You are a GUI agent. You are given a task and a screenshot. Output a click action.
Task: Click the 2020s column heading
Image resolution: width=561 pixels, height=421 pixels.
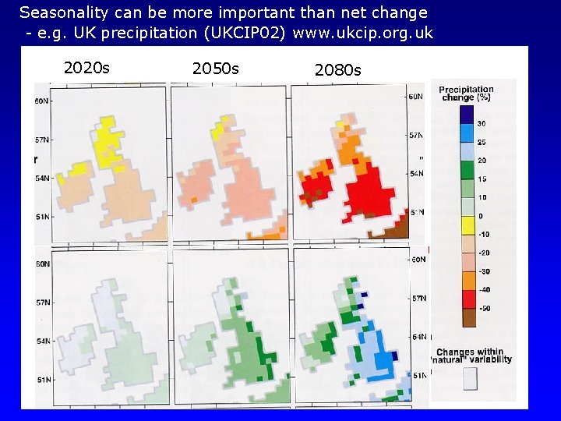point(86,68)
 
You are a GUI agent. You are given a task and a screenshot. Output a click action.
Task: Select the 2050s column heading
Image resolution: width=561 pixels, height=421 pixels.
point(216,69)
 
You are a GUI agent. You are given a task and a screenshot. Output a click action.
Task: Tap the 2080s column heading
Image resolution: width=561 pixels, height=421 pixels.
point(337,70)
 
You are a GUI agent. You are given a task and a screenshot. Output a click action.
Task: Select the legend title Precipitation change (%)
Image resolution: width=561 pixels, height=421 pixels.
point(466,93)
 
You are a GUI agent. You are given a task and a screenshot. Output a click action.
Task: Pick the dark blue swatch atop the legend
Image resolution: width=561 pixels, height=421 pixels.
point(465,115)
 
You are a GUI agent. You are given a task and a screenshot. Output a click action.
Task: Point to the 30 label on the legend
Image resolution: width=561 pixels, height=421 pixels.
point(482,124)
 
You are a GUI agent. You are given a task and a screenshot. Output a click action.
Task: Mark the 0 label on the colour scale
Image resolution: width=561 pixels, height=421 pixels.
point(482,215)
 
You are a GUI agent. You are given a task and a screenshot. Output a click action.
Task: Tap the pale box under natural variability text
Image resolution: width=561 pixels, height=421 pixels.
point(470,379)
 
